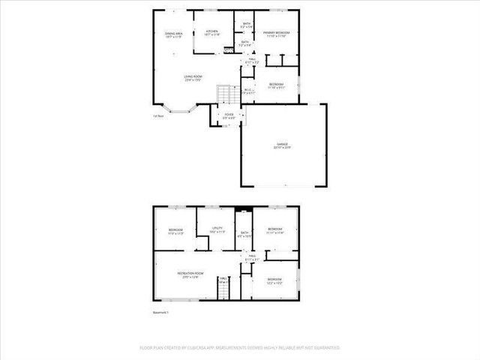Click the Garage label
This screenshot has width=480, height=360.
tap(283, 145)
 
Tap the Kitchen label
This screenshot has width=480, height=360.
tap(211, 32)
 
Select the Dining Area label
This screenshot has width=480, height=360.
tap(175, 34)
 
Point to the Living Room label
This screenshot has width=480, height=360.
tap(193, 77)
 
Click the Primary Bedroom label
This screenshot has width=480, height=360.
tap(276, 34)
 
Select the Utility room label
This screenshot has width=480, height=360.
tap(217, 230)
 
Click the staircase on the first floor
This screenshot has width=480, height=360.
tap(223, 95)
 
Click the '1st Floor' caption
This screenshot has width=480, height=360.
tap(158, 115)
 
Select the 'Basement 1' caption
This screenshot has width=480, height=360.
tap(161, 313)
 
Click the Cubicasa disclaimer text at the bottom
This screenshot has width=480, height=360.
tap(240, 348)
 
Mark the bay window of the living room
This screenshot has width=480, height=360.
tap(189, 112)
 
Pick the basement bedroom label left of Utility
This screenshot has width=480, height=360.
tap(176, 231)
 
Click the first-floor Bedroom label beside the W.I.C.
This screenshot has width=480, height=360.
tap(276, 85)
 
